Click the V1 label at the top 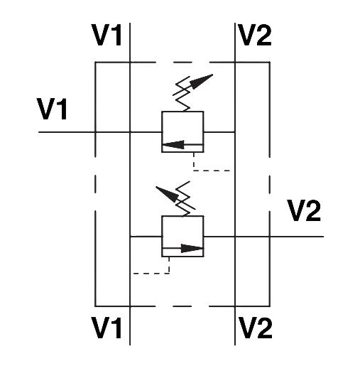[107, 36]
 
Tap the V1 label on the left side [53, 109]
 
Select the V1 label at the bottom [107, 328]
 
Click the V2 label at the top [255, 35]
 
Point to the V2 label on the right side [304, 210]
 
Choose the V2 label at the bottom [255, 328]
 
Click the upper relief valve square [182, 131]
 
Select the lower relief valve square [182, 236]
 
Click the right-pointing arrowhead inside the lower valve [192, 249]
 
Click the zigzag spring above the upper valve [182, 94]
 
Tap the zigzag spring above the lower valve [186, 199]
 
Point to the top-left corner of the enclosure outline [95, 63]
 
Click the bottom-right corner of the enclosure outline [270, 306]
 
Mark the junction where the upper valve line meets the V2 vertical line [235, 131]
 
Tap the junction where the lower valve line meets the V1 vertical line [130, 236]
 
